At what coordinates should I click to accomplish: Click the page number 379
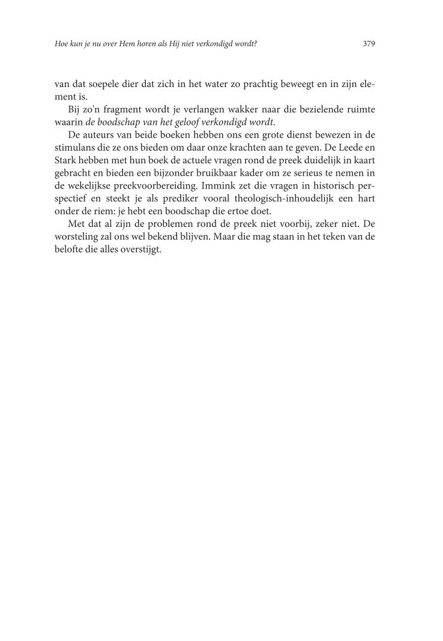(369, 44)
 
